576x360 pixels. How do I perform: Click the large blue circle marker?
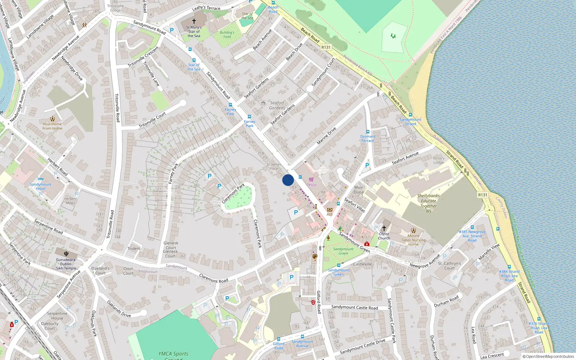288,180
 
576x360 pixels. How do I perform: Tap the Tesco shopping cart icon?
311,179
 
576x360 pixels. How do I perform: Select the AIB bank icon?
329,210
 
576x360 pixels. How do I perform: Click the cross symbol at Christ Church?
384,228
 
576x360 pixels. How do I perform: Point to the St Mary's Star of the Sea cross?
194,21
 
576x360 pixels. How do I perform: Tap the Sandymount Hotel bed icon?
41,179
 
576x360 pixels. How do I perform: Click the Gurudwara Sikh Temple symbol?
66,253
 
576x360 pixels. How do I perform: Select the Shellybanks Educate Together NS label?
428,203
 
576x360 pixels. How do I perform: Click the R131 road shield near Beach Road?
326,47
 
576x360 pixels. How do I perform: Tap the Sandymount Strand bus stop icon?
410,115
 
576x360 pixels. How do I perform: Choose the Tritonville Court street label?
152,120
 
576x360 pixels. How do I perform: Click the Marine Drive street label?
327,136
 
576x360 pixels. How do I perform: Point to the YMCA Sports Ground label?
173,355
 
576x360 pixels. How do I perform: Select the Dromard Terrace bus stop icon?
368,132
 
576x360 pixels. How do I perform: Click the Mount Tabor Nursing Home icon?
413,230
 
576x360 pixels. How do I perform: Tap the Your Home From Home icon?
53,119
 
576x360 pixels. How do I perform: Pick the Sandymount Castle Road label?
355,307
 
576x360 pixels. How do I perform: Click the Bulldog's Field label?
227,34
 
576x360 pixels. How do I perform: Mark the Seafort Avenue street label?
405,158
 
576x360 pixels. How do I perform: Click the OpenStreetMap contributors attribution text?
548,357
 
